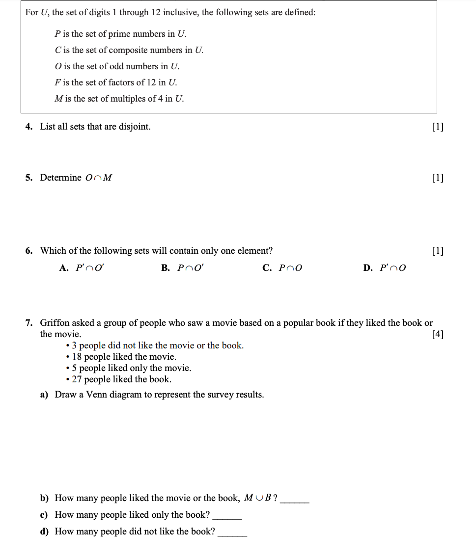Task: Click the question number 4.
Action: (x=29, y=127)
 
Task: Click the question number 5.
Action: (x=29, y=178)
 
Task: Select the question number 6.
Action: (x=29, y=251)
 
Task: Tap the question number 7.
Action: (x=29, y=323)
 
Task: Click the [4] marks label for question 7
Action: (x=437, y=335)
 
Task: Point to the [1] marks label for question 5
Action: (x=437, y=178)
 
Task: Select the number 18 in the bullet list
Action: (x=77, y=357)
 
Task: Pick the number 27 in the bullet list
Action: (x=77, y=379)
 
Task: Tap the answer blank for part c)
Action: (x=227, y=518)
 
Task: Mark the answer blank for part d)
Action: (x=232, y=534)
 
